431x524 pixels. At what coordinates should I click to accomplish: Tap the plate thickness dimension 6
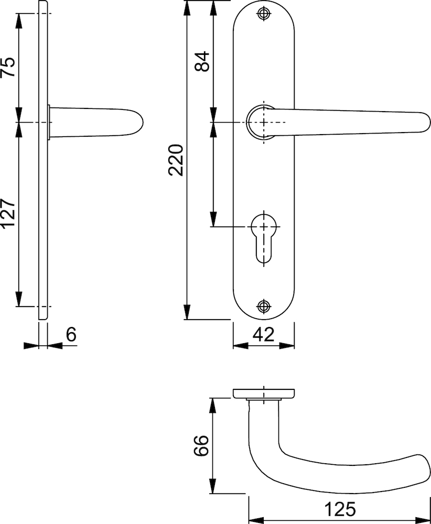(x=71, y=334)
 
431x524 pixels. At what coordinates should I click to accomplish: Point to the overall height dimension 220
(x=176, y=160)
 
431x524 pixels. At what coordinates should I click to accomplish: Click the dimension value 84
(x=202, y=61)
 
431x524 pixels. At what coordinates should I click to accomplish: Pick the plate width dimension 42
(x=264, y=334)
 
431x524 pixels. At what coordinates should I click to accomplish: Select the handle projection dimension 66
(x=201, y=445)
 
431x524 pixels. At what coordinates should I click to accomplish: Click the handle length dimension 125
(x=340, y=509)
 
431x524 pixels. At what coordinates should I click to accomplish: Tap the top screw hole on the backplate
(x=264, y=14)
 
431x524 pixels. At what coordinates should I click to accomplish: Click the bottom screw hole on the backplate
(x=264, y=306)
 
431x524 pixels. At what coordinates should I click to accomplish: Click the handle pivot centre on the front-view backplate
(x=264, y=122)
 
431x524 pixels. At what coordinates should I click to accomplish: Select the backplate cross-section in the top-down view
(x=264, y=394)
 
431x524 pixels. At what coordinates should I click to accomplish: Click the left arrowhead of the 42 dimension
(x=241, y=345)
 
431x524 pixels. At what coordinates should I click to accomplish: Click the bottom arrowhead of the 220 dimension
(x=187, y=312)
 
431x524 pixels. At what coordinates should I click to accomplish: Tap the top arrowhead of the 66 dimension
(x=212, y=406)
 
